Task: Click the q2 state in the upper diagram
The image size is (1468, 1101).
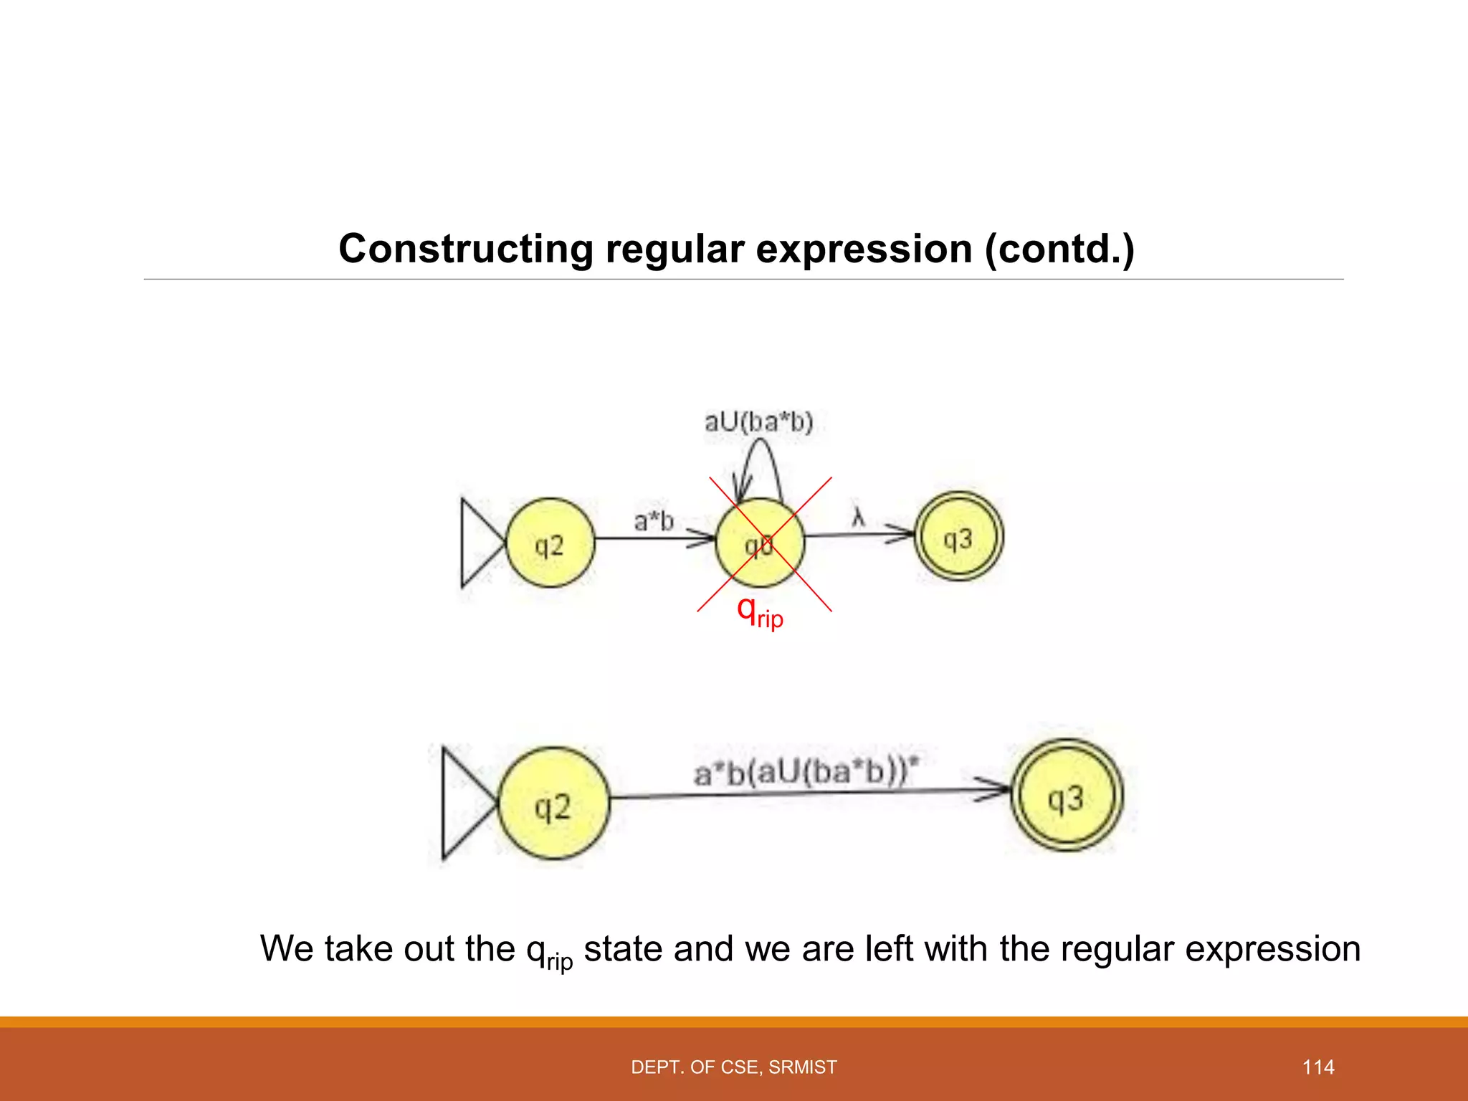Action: tap(550, 543)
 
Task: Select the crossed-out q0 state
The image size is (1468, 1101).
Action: tap(760, 543)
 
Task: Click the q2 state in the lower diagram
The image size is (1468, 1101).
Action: tap(553, 804)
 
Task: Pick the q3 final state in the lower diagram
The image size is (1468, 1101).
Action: tap(1067, 796)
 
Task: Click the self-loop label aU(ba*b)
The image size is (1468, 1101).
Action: tap(758, 421)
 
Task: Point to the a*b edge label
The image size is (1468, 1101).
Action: tap(654, 520)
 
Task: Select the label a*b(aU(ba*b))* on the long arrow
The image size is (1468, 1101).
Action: tap(806, 771)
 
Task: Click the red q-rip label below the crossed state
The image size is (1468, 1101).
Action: tap(760, 612)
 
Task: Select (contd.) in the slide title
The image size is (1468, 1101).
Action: tap(1059, 249)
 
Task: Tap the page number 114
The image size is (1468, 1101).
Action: tap(1317, 1067)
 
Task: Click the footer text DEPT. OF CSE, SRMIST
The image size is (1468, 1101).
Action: tap(734, 1067)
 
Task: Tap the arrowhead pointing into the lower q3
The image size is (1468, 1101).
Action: tap(996, 789)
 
